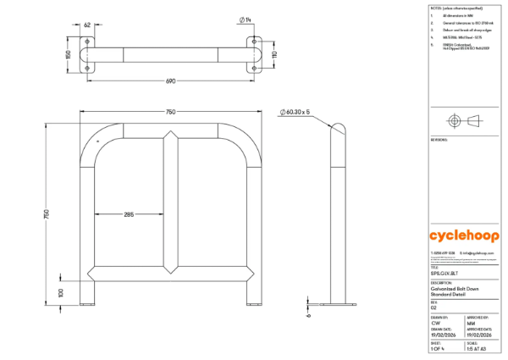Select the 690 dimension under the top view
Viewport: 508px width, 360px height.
point(171,82)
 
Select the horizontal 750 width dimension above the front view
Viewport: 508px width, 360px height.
point(171,112)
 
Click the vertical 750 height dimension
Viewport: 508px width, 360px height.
point(47,215)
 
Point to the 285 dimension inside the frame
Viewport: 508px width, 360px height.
point(128,214)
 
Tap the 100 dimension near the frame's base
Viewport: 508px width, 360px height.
point(61,291)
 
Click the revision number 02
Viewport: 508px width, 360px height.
point(433,308)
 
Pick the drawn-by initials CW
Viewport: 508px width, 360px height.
point(435,324)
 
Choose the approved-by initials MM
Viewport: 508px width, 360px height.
point(471,324)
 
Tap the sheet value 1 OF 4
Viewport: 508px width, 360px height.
point(437,349)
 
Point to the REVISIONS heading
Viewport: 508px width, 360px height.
point(439,138)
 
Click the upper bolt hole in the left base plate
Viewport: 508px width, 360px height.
point(88,43)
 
